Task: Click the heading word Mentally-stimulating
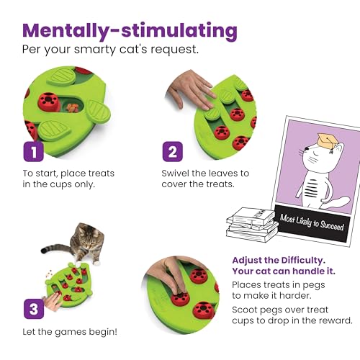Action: coord(130,31)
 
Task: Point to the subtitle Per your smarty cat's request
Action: coord(112,53)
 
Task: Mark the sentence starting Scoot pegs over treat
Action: coord(292,314)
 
